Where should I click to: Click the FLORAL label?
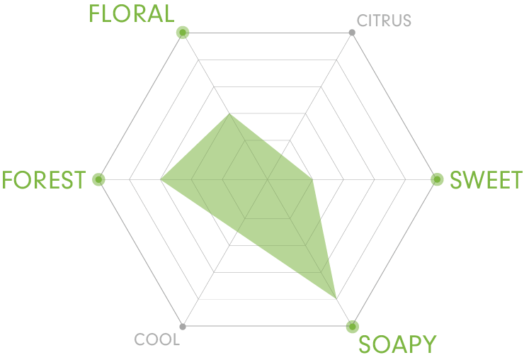(x=131, y=13)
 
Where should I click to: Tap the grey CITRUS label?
(x=384, y=21)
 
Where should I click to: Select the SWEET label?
(x=486, y=180)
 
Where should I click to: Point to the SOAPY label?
(x=397, y=344)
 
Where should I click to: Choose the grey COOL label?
(x=156, y=339)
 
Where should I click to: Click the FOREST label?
(x=44, y=180)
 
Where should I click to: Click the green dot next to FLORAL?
(x=183, y=33)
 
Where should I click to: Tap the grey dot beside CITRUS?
(x=352, y=33)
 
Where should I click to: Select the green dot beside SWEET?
(x=437, y=179)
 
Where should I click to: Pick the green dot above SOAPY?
(x=352, y=327)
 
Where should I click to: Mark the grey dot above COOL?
(x=183, y=327)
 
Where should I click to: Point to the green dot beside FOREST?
(x=98, y=180)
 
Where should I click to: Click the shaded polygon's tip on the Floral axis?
(x=229, y=114)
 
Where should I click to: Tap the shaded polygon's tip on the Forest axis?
(x=161, y=180)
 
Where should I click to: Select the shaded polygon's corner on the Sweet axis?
(x=313, y=180)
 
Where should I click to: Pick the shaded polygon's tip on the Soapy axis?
(x=336, y=298)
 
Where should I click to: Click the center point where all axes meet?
(x=268, y=180)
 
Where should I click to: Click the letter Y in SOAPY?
(x=428, y=344)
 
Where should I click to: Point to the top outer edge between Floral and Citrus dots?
(x=268, y=33)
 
